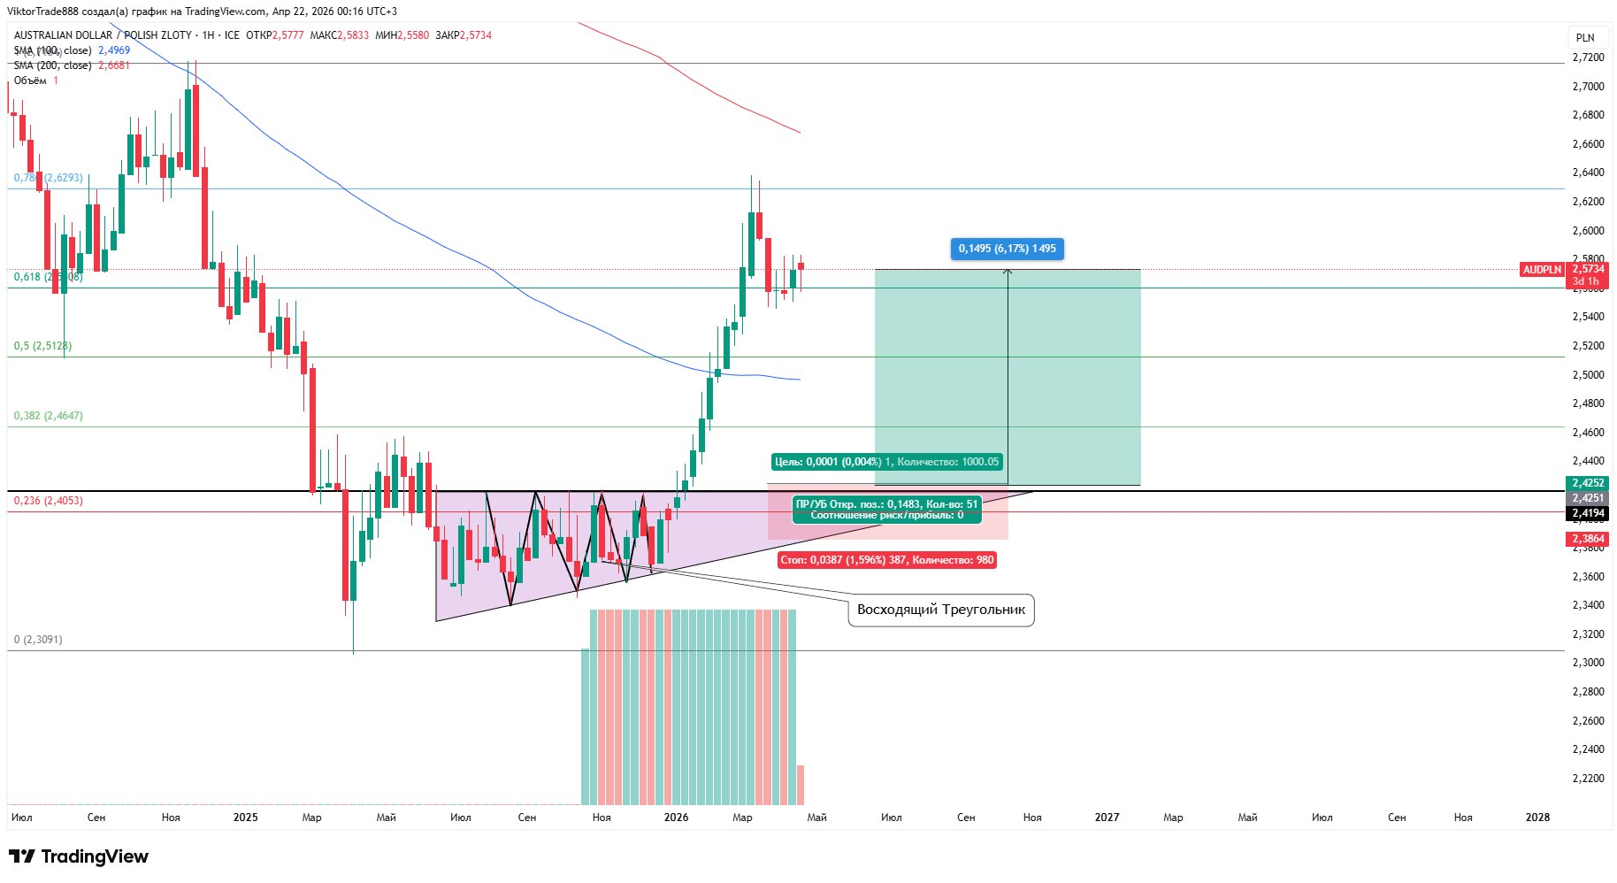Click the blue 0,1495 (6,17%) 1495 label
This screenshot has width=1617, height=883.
(x=1007, y=249)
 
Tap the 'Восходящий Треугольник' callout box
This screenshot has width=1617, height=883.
(x=940, y=610)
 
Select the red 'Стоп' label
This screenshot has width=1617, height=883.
(x=886, y=560)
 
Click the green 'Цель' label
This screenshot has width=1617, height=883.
(x=886, y=462)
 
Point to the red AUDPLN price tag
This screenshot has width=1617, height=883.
(x=1542, y=270)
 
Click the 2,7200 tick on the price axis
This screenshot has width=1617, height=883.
(x=1588, y=58)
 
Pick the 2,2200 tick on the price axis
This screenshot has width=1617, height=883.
(x=1588, y=779)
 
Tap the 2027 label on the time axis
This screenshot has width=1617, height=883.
(x=1107, y=818)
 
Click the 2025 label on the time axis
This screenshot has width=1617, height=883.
(x=245, y=818)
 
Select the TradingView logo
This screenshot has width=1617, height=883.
(x=79, y=856)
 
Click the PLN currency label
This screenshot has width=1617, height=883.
(x=1585, y=37)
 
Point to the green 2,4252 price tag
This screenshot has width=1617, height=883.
(x=1588, y=483)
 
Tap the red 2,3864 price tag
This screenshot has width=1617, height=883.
(x=1588, y=539)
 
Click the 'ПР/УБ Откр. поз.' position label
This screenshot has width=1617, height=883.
(x=886, y=510)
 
